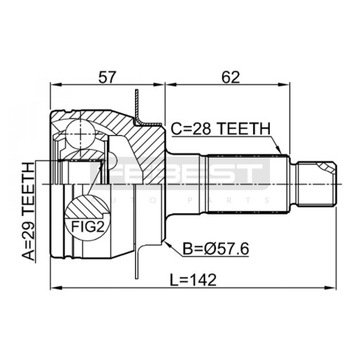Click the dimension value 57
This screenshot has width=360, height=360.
tap(107, 77)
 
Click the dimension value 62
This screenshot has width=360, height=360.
tap(231, 77)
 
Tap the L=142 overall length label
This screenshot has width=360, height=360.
tap(193, 280)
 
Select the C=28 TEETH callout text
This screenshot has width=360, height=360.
tap(220, 129)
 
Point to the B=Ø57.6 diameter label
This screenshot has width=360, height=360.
tap(216, 249)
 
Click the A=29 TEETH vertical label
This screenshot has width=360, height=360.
tap(29, 211)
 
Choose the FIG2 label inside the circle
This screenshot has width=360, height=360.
tap(86, 227)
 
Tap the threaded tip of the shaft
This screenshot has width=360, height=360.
tap(317, 184)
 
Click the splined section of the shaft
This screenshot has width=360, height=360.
tap(248, 184)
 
